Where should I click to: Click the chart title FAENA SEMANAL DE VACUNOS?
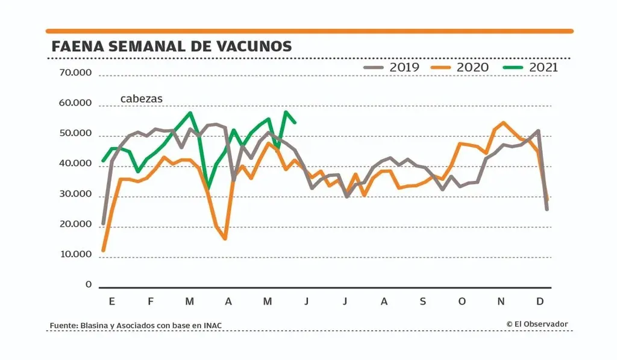(x=172, y=46)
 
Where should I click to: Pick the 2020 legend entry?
(x=462, y=67)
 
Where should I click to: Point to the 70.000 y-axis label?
(x=75, y=74)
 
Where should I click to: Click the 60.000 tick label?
(x=75, y=104)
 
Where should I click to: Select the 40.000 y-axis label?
(x=75, y=164)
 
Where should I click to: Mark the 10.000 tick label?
(x=75, y=254)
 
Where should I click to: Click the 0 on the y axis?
(x=88, y=285)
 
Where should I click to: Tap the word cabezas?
(x=141, y=99)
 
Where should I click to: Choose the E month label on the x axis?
(x=111, y=301)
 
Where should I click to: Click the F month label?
(x=151, y=301)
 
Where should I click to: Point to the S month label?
(x=423, y=301)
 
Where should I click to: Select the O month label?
(x=462, y=301)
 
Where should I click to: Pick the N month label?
(x=501, y=301)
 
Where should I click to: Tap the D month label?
(x=540, y=301)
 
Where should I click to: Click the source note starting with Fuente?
(x=136, y=326)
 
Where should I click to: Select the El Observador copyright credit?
(x=537, y=324)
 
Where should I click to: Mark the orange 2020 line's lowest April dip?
(x=225, y=239)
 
